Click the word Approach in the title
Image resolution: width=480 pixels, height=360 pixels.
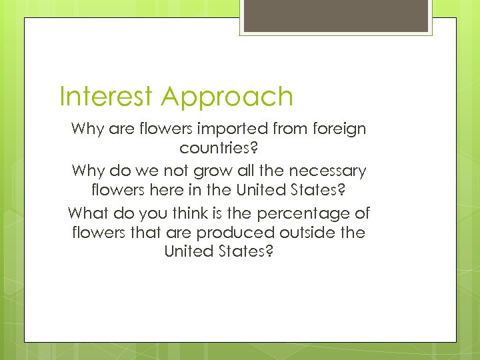coord(227,98)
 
